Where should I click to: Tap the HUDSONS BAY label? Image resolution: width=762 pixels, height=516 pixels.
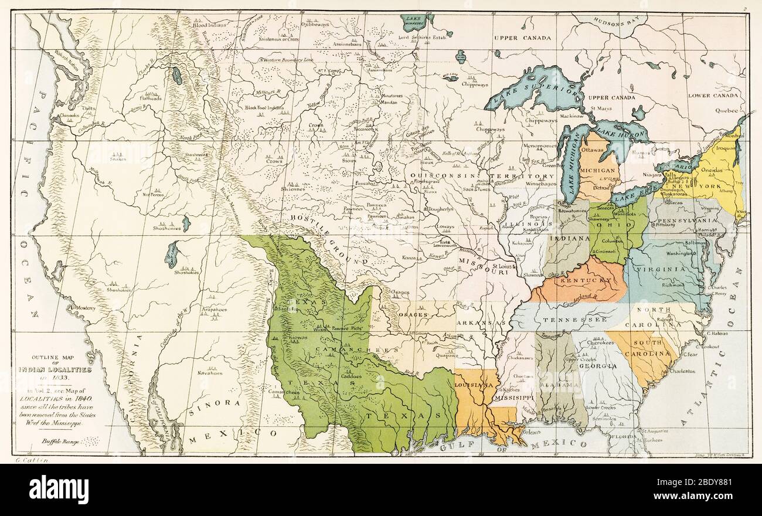click(619, 35)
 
